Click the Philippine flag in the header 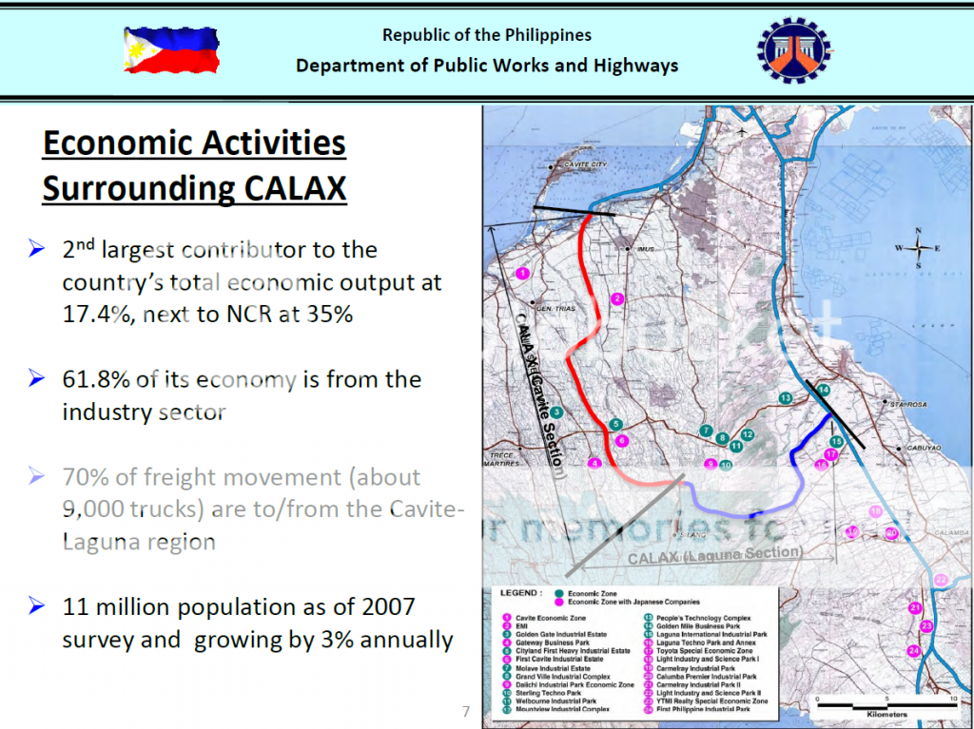(x=171, y=51)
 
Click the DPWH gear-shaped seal (x=793, y=50)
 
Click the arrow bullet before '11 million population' (x=37, y=605)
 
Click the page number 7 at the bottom (x=466, y=711)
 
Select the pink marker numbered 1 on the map (x=521, y=274)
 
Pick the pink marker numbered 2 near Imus (x=617, y=299)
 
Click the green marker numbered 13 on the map (x=785, y=397)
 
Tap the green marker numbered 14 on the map (x=824, y=391)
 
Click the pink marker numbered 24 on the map (x=913, y=650)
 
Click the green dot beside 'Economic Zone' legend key (x=558, y=593)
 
